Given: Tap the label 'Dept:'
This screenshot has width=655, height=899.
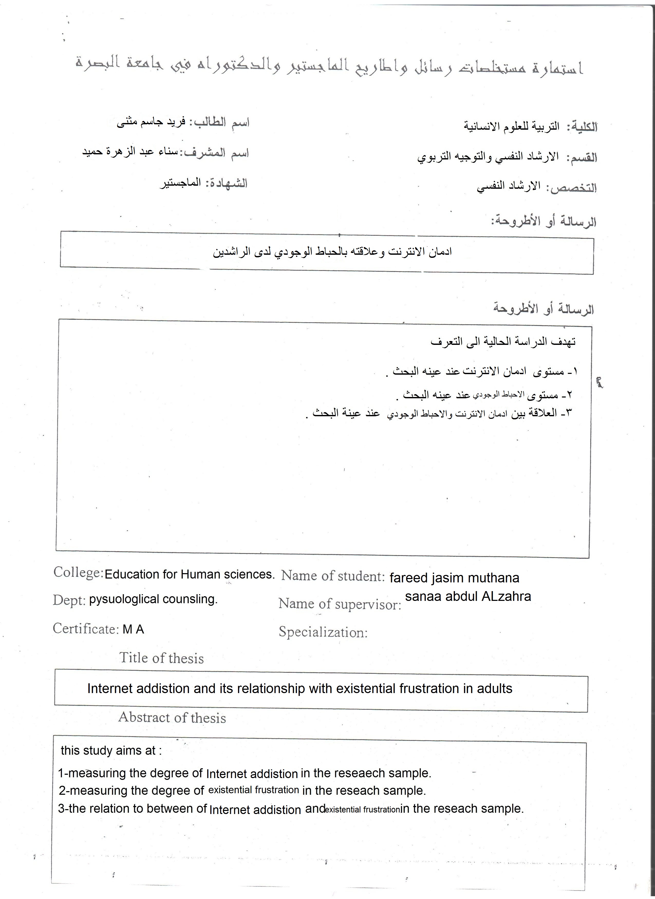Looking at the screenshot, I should [69, 600].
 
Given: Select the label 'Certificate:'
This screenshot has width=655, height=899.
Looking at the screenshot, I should [86, 628].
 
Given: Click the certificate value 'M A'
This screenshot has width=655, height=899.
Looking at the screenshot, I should [133, 629].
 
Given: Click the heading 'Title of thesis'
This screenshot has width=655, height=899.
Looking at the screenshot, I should [161, 658].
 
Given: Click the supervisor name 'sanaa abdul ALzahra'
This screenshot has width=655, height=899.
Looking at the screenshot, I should [468, 596].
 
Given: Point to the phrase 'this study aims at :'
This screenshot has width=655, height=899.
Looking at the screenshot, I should [111, 750].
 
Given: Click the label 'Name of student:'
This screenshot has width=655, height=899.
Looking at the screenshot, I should [333, 576].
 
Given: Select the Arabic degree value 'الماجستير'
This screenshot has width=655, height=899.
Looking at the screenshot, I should [180, 184].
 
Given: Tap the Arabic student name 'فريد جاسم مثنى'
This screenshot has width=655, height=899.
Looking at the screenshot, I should [151, 122].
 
